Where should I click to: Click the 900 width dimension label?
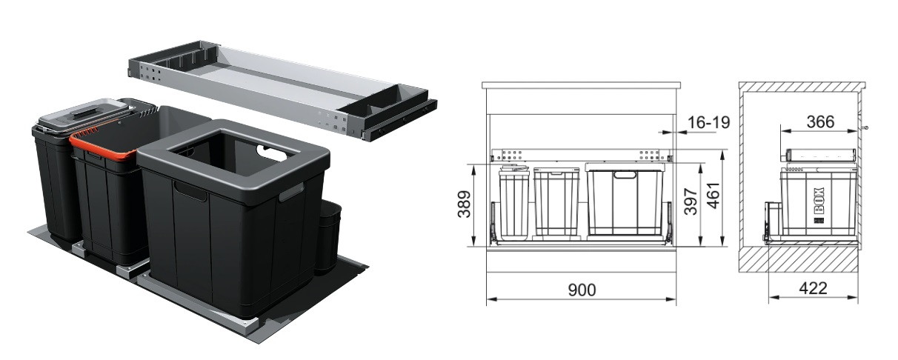(582, 290)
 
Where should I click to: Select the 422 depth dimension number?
(813, 288)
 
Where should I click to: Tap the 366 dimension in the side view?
(820, 121)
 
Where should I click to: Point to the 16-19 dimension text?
(709, 122)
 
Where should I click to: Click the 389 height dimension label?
(465, 204)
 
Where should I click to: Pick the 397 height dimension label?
(691, 201)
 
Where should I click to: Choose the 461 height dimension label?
(714, 196)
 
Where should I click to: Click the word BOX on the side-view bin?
(819, 201)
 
